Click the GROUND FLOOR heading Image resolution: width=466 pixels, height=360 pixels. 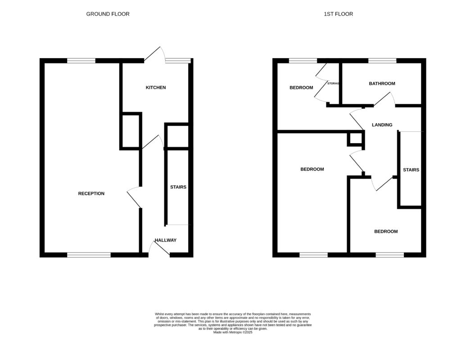(x=108, y=14)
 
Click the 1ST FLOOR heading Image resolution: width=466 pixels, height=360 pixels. (x=338, y=14)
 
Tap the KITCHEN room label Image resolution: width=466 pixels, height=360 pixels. (x=156, y=87)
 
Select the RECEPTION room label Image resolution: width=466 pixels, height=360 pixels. (x=91, y=193)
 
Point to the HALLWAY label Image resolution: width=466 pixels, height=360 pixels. (x=165, y=240)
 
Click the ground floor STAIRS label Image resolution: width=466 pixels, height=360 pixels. (x=178, y=187)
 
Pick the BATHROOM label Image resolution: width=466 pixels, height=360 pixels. (x=382, y=83)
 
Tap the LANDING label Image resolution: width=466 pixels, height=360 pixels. (x=382, y=125)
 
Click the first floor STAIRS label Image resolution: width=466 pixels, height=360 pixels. (x=411, y=170)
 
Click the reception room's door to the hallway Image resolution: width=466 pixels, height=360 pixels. (x=134, y=197)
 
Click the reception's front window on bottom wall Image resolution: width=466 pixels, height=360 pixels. (x=89, y=255)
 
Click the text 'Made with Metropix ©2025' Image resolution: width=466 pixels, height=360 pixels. (x=233, y=332)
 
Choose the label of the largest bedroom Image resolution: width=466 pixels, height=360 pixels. (x=312, y=169)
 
